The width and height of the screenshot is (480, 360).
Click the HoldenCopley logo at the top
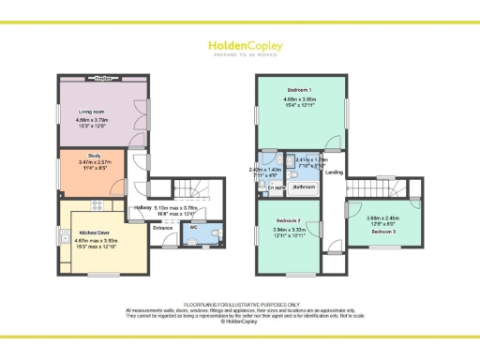click(239, 45)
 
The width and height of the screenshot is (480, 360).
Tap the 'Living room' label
click(91, 112)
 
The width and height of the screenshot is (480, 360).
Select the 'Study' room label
click(94, 157)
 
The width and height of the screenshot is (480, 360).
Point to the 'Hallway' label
click(142, 207)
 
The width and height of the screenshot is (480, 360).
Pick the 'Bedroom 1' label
click(300, 89)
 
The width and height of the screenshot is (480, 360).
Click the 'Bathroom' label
click(304, 187)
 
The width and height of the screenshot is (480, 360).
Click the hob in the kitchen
click(95, 203)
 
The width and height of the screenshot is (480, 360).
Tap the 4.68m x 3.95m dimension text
click(300, 100)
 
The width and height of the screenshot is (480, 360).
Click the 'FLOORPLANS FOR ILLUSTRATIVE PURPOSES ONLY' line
click(239, 305)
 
